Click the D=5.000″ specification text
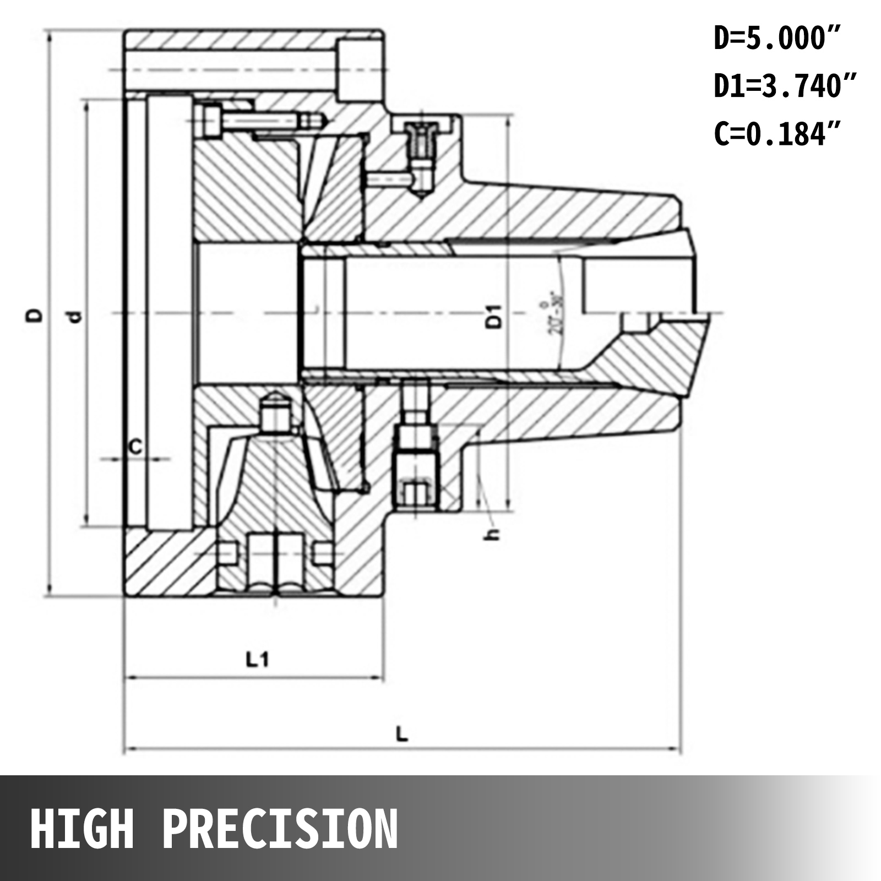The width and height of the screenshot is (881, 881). tap(777, 39)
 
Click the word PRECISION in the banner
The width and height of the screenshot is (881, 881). tap(280, 829)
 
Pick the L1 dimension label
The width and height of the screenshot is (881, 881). tap(257, 659)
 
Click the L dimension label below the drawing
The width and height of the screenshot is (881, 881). tap(403, 733)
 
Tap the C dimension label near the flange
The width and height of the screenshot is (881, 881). tap(135, 447)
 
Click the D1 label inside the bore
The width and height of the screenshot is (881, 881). tap(495, 317)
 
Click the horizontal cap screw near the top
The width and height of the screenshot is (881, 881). tap(259, 120)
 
